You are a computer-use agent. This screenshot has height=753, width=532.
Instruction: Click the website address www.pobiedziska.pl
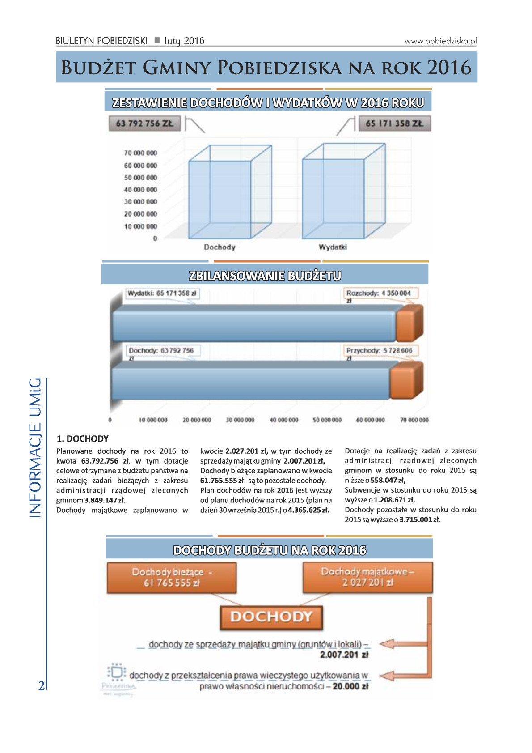click(x=440, y=41)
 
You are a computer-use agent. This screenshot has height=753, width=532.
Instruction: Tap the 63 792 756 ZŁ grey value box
click(x=144, y=123)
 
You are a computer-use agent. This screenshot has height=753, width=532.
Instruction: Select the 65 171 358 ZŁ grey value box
click(x=394, y=123)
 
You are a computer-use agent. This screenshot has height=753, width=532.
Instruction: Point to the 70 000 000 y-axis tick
click(x=140, y=153)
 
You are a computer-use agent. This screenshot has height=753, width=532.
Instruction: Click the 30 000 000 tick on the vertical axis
click(x=140, y=202)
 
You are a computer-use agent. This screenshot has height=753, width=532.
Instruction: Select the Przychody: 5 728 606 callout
click(x=380, y=351)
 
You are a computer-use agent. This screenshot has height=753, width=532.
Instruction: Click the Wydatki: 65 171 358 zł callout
click(x=162, y=294)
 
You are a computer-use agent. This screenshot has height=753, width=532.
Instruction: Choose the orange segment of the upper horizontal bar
click(x=409, y=324)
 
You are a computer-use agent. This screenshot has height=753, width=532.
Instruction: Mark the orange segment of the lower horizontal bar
click(x=405, y=381)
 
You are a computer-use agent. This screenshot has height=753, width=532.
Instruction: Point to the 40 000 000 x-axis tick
click(x=284, y=420)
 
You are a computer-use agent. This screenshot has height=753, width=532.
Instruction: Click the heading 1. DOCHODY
click(x=83, y=439)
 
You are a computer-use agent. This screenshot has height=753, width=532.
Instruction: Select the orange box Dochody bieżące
click(x=172, y=578)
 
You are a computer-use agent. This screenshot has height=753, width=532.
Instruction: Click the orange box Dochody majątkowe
click(x=367, y=577)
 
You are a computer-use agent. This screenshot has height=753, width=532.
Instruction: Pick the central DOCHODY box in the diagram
click(x=271, y=617)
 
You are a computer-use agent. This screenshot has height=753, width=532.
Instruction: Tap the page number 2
click(x=42, y=685)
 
